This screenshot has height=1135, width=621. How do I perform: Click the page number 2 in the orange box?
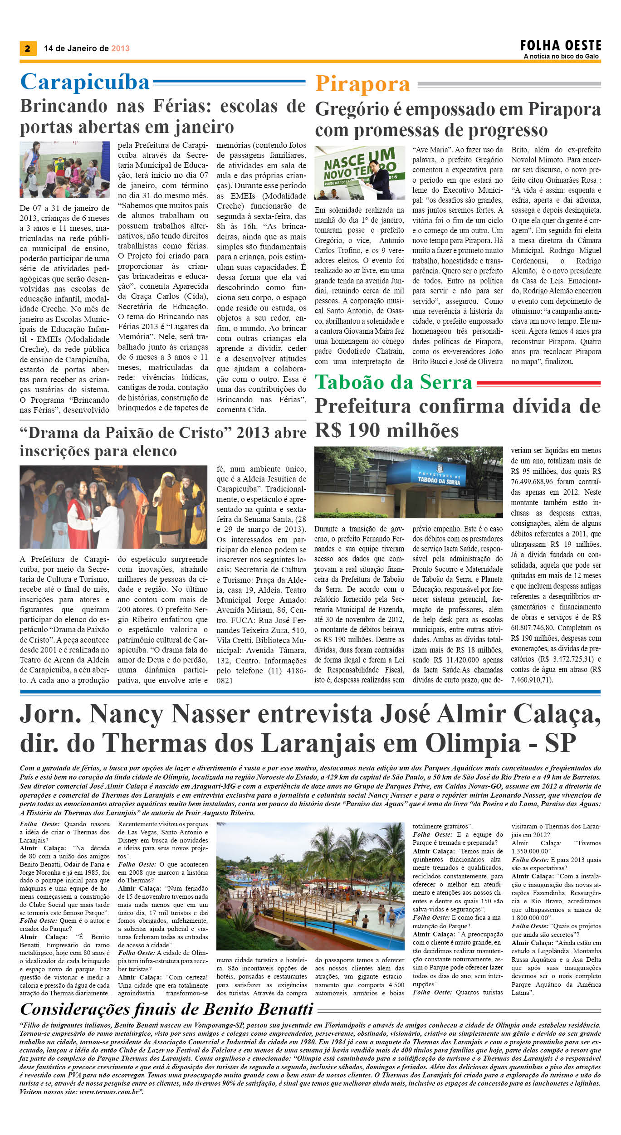28,49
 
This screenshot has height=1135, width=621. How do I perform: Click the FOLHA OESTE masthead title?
561,46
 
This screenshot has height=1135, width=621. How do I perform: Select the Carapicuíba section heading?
85,82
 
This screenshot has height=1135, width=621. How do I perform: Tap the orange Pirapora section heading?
362,84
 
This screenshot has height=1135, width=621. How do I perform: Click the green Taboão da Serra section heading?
394,382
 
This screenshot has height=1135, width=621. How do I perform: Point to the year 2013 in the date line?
120,49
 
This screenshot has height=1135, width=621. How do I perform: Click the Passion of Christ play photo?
113,507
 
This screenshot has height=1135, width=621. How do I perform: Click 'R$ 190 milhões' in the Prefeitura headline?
386,430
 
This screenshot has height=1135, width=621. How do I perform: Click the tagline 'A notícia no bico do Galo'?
561,56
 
